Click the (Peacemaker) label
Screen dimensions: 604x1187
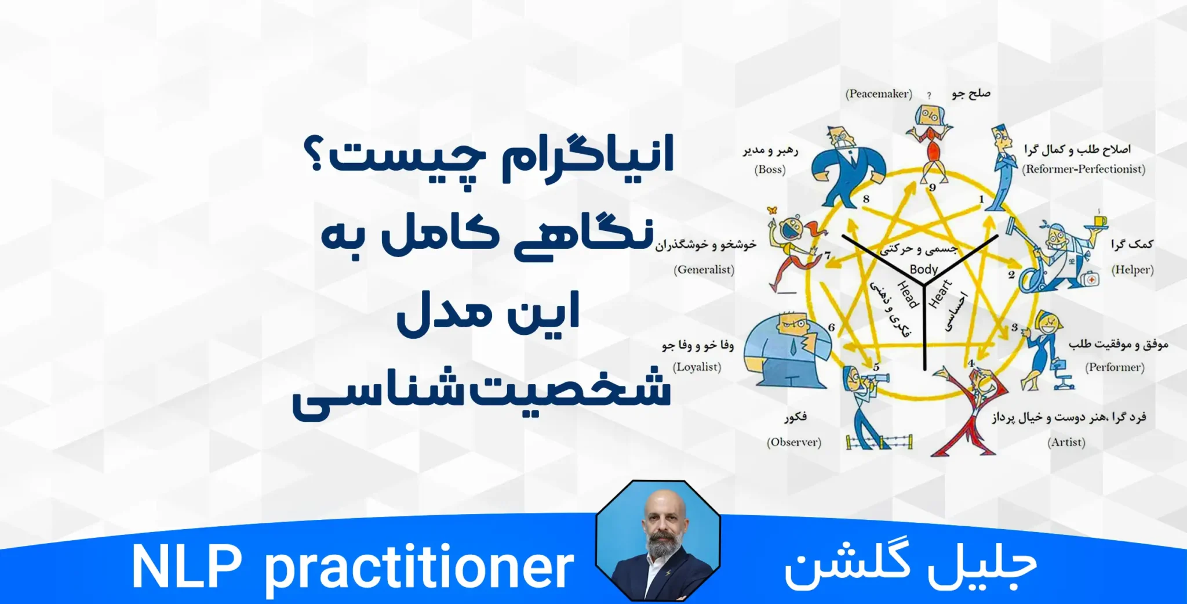point(879,94)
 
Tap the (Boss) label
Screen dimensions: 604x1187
point(770,170)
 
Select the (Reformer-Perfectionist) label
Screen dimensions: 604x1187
point(1083,169)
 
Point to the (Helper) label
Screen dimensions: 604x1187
point(1132,270)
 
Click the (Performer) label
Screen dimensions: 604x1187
point(1115,367)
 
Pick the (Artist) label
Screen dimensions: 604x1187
point(1066,442)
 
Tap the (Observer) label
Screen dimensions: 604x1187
point(793,442)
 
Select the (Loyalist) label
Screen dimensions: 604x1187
point(697,367)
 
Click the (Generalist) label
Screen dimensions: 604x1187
point(704,270)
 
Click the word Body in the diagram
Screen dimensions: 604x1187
point(923,269)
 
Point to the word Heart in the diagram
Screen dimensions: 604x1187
point(940,294)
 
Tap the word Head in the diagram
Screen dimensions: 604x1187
point(908,295)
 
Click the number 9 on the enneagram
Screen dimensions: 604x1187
point(932,187)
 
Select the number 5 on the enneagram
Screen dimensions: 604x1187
point(876,367)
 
